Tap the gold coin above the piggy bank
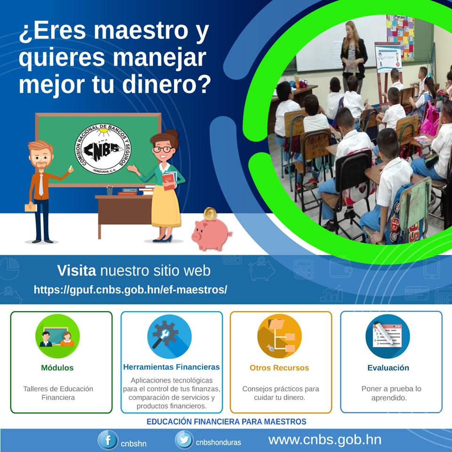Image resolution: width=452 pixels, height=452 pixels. coord(210,214)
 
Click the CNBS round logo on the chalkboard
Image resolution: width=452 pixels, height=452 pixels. coord(103,149)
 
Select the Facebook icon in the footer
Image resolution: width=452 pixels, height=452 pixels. coord(108,440)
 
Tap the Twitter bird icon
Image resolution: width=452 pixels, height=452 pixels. coord(184,440)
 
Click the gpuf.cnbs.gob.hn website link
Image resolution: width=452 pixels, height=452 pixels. coord(130,290)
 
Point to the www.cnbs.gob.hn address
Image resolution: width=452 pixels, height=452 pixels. coord(325,440)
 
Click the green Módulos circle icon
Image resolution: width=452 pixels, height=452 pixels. coord(57,336)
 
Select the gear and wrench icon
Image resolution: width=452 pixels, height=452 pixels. coord(169,336)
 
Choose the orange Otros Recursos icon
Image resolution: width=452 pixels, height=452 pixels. coord(279,336)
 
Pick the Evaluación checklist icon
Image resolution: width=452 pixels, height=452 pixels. coord(387,336)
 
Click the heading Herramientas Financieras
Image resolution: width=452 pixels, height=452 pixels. coord(171,367)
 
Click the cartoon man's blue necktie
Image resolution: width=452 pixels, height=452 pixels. coord(41,185)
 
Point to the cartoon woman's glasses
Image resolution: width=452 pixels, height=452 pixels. coord(163,149)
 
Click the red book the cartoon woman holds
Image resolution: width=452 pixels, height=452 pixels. coord(169,181)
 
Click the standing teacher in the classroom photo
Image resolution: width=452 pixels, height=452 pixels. coord(354,55)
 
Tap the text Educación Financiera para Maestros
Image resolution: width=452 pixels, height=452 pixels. coord(226,421)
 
